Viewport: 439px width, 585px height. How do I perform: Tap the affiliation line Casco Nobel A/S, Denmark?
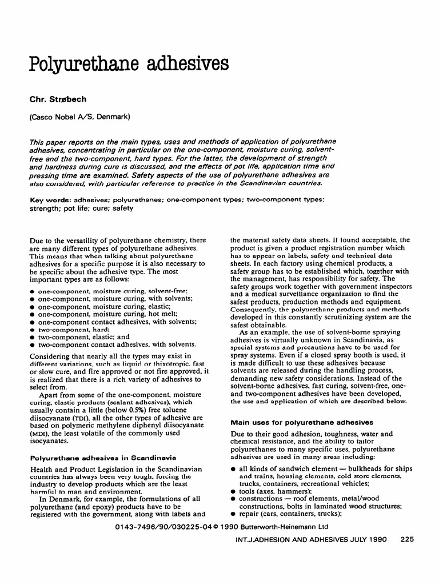(80, 118)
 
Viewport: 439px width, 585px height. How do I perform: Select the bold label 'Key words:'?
(50, 201)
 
